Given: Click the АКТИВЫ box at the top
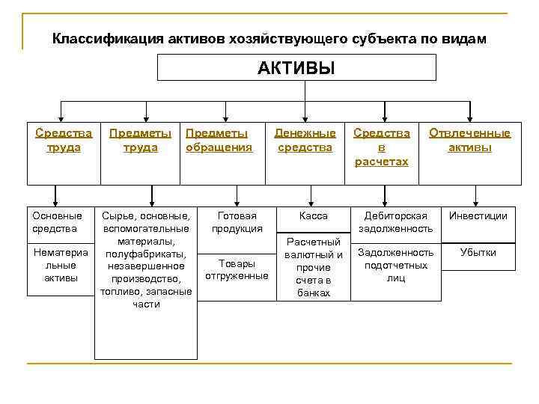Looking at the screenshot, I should [x=296, y=68].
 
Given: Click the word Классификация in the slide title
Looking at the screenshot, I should [x=100, y=38].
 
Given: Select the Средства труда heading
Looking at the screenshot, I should [x=64, y=140].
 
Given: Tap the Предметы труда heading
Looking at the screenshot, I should [x=140, y=140].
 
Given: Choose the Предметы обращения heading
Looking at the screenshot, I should [x=219, y=140].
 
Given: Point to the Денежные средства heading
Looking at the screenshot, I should [x=305, y=140].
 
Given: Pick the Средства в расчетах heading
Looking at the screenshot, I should [x=382, y=147].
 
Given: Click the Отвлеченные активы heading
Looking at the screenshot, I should [x=469, y=140].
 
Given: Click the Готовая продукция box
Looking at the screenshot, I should [x=237, y=221].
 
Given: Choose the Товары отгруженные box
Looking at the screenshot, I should [x=237, y=269].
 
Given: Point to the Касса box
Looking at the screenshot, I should [x=313, y=216].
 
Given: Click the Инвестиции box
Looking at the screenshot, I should [x=478, y=216].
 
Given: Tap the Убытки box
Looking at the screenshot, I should [x=478, y=253].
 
